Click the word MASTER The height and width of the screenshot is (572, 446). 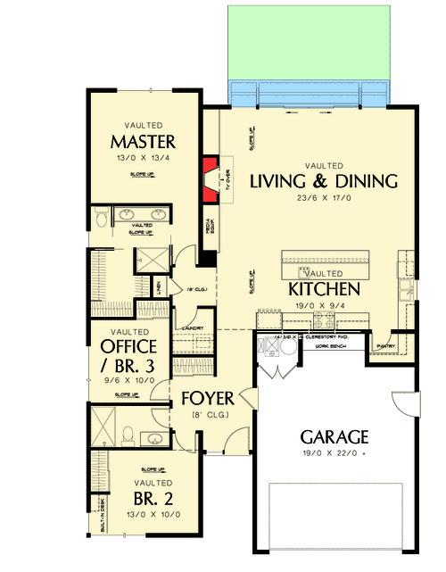click(143, 142)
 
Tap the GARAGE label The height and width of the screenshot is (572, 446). click(334, 437)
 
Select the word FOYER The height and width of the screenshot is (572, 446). click(208, 397)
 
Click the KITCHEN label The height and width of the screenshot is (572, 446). click(324, 289)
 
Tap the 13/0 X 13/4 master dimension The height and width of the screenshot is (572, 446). click(143, 159)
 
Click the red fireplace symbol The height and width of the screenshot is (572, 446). click(211, 178)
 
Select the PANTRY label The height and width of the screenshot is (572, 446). click(385, 345)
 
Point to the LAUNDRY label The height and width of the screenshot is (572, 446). click(194, 328)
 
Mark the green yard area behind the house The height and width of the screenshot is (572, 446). click(310, 40)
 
